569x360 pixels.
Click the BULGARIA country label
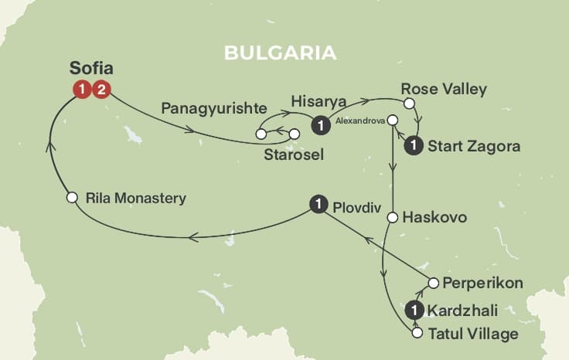[281, 53]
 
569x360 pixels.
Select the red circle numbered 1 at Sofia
[82, 90]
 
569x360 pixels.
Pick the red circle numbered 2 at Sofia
[103, 90]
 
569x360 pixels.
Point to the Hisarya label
[318, 101]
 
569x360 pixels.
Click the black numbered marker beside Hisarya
[319, 124]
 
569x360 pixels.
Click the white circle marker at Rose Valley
[410, 104]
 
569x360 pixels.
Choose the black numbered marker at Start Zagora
[414, 144]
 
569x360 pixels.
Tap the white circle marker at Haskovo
[394, 218]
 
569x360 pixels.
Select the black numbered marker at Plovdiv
[317, 204]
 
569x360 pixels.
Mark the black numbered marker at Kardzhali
[415, 311]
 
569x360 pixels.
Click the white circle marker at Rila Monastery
[72, 198]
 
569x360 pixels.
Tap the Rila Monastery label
[136, 199]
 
